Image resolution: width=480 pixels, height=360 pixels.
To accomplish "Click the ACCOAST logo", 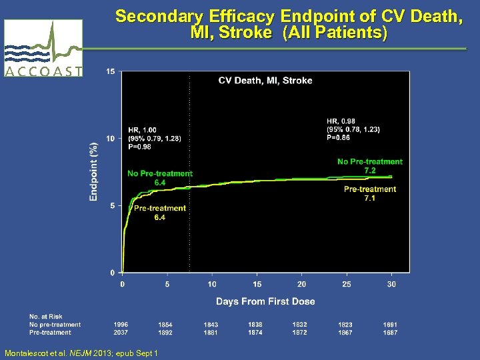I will [x=43, y=48].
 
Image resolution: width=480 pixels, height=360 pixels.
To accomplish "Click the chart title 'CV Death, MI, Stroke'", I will [x=265, y=81].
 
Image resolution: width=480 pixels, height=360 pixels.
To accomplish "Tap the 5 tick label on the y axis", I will [x=111, y=205].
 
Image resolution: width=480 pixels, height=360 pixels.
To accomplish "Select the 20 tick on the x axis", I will [x=301, y=284].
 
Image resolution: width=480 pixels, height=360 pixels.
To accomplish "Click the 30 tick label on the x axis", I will [x=391, y=284].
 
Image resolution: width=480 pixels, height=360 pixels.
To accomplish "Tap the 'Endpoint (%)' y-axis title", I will [x=93, y=171].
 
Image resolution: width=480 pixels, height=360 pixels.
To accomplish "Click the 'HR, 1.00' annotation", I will [x=142, y=130].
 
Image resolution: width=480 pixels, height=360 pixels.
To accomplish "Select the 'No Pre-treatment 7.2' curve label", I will [x=370, y=166].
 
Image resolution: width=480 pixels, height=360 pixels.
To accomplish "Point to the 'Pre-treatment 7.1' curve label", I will [x=370, y=193].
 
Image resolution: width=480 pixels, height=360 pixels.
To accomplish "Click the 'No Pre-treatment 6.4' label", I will [x=160, y=178].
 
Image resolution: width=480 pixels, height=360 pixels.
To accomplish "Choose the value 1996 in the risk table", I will [x=121, y=325].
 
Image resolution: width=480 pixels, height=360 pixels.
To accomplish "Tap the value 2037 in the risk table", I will [x=121, y=332].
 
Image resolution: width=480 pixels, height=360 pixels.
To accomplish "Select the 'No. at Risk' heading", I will [x=43, y=316].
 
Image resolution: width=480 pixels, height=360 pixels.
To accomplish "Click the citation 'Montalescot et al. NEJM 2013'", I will [x=81, y=353].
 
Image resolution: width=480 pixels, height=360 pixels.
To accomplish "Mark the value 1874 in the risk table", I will [x=256, y=332].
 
